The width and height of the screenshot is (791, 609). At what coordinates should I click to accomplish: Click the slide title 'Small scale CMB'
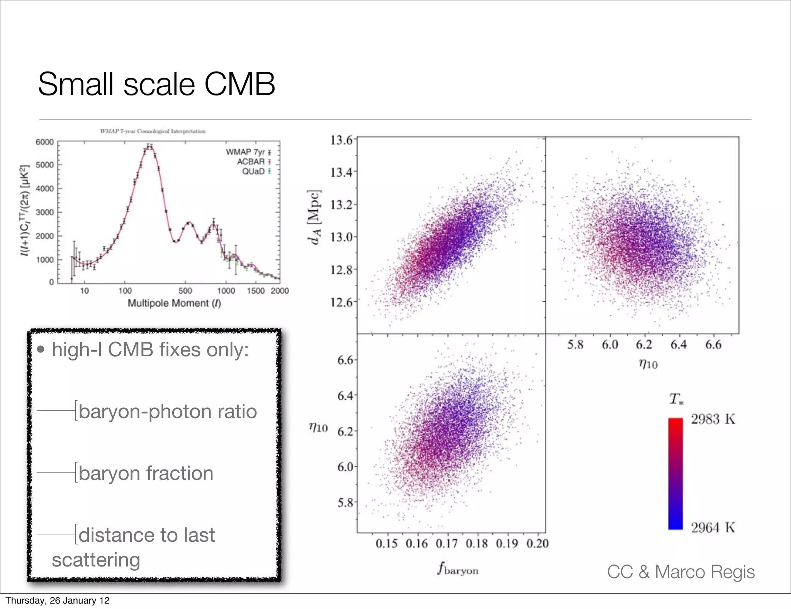[x=156, y=84]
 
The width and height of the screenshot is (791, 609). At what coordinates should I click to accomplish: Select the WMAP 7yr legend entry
[x=246, y=152]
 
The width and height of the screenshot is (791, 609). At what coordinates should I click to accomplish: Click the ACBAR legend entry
[x=251, y=162]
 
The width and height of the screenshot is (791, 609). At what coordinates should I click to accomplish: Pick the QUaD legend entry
[x=253, y=171]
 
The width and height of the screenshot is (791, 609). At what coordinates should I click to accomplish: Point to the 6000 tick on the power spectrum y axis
[x=45, y=142]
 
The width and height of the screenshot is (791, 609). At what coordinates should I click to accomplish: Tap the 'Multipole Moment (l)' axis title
[x=174, y=303]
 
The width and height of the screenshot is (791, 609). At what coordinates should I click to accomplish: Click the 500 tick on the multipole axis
[x=185, y=291]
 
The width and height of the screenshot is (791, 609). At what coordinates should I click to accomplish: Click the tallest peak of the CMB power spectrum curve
[x=149, y=146]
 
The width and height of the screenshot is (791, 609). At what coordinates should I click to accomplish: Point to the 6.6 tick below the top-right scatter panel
[x=713, y=344]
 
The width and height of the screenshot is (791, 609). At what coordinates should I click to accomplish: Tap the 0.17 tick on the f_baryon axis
[x=447, y=544]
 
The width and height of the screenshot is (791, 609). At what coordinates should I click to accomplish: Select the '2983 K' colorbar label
[x=713, y=419]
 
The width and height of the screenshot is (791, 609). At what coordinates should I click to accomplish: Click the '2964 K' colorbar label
[x=713, y=527]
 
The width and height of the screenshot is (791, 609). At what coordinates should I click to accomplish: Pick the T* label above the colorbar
[x=676, y=399]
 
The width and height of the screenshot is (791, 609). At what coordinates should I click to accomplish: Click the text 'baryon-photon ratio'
[x=168, y=412]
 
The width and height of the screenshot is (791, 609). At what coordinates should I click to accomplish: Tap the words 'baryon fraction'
[x=146, y=473]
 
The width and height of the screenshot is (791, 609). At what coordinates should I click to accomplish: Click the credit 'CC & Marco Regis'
[x=681, y=572]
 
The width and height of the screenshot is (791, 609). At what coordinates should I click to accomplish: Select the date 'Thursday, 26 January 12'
[x=58, y=600]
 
